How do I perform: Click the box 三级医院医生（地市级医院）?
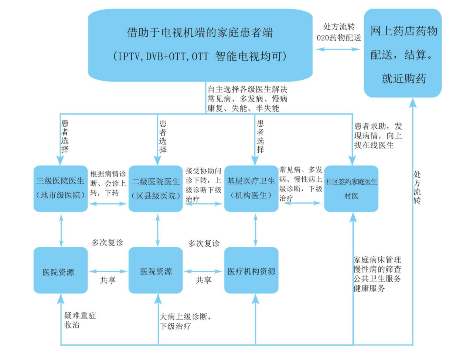pos(61,188)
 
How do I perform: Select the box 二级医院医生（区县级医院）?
pos(156,188)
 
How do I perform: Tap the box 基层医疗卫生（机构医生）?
pos(251,188)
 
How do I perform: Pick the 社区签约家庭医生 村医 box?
pos(351,188)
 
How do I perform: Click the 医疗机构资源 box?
pos(251,271)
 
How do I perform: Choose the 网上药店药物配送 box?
pos(403,54)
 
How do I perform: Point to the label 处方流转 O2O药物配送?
pos(338,32)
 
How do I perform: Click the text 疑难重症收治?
pos(80,320)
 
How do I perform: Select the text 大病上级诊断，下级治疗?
pos(185,321)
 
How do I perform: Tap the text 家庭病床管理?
pos(377,260)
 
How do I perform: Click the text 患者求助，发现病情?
pos(378,136)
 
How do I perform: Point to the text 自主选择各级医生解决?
pos(247,89)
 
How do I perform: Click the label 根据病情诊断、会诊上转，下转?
pos(108,183)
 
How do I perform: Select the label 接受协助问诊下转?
pos(203,185)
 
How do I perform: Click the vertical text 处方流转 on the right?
pos(417,187)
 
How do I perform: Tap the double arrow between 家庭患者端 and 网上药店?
pos(338,49)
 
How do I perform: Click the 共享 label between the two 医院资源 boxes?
pos(108,280)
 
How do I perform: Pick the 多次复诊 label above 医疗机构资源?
pos(204,243)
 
